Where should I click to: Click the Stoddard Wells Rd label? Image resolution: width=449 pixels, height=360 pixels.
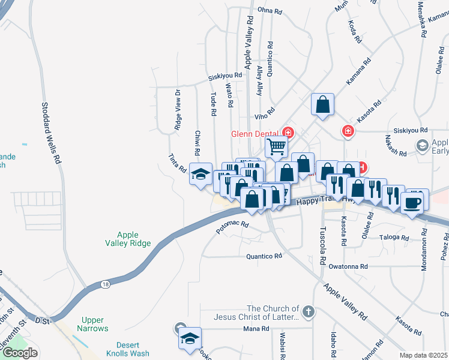tap(51, 133)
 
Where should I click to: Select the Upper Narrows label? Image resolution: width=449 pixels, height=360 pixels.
tap(92, 325)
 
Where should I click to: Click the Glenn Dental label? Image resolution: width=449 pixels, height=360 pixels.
tap(255, 134)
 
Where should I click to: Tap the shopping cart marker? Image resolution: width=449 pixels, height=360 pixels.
tap(276, 145)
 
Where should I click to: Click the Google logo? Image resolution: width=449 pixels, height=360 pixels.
tap(20, 353)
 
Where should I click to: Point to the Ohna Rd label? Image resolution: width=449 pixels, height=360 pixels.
tap(269, 11)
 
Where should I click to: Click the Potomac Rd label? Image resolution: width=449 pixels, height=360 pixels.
tap(232, 227)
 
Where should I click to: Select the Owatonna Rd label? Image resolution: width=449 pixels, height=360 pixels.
tap(346, 266)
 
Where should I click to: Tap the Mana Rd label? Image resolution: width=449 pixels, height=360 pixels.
tap(256, 329)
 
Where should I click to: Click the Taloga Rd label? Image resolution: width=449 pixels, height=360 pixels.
tap(394, 238)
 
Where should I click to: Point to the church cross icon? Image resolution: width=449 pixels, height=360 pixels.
tap(307, 312)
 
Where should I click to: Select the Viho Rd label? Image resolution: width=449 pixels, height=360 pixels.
tap(265, 111)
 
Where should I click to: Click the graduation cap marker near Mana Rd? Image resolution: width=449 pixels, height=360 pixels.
tap(190, 339)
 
